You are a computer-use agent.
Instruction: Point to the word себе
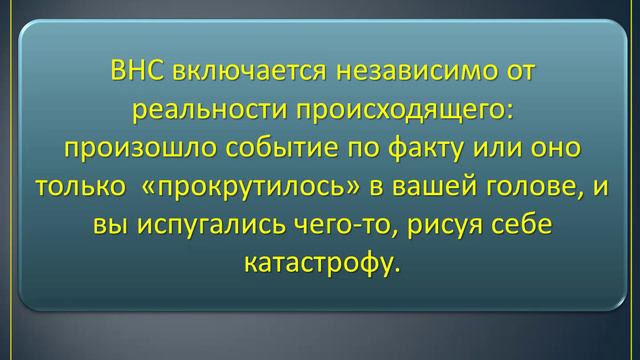[530, 226]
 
